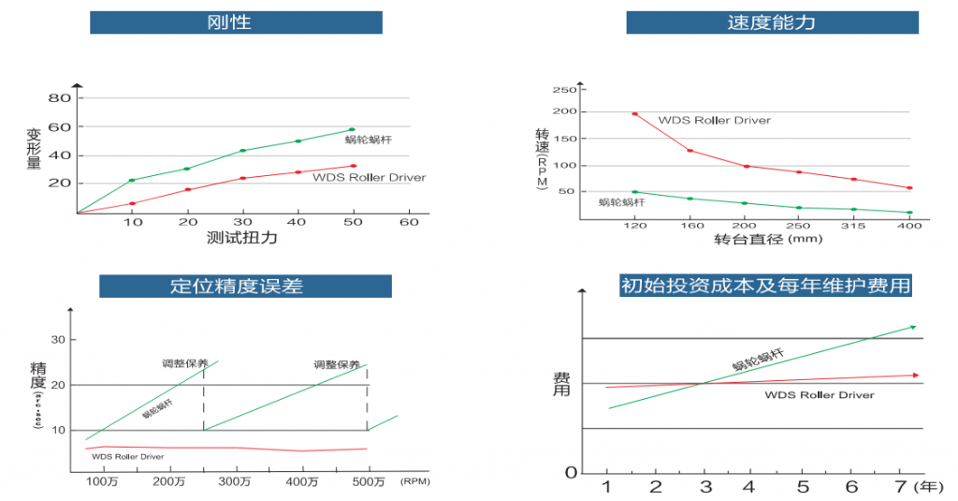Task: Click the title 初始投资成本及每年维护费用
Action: [x=765, y=286]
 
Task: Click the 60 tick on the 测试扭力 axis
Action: [x=408, y=224]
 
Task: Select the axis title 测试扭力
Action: [x=242, y=239]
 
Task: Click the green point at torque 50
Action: [x=352, y=129]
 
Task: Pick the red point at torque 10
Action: [x=132, y=203]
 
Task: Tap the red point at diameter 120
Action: [x=634, y=114]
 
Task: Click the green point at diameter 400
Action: [x=909, y=213]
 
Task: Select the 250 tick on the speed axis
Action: [x=564, y=90]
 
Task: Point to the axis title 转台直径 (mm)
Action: [x=754, y=240]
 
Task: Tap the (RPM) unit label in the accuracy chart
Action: [x=414, y=482]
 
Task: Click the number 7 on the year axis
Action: [x=901, y=487]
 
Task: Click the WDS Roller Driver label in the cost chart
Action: [x=820, y=395]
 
